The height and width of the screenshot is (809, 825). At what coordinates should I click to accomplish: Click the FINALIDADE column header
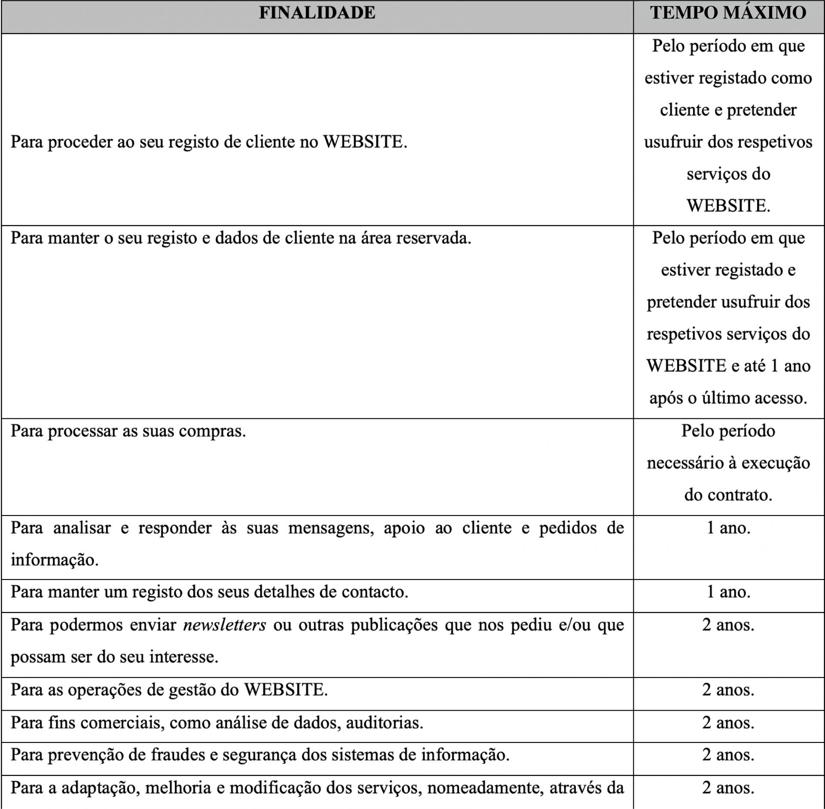pos(317,13)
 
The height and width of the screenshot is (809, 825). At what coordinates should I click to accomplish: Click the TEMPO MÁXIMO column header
pos(728,13)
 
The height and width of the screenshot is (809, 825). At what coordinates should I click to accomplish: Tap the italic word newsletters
pos(224,625)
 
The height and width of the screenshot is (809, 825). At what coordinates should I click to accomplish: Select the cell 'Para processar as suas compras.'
pos(128,431)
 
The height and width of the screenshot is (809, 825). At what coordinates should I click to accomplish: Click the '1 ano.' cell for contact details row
pos(728,592)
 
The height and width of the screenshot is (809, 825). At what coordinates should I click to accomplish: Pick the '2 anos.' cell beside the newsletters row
pos(728,625)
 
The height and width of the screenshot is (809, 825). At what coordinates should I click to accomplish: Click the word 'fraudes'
pos(178,755)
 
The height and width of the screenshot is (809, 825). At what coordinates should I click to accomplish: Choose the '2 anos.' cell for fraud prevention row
pos(728,755)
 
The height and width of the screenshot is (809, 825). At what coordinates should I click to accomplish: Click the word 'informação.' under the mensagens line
pos(55,560)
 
